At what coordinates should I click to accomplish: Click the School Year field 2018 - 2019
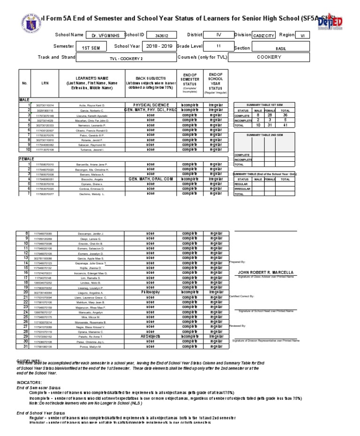pyautogui.click(x=159, y=47)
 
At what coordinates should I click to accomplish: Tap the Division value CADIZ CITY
pyautogui.click(x=264, y=35)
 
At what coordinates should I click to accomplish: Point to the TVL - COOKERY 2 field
pyautogui.click(x=126, y=59)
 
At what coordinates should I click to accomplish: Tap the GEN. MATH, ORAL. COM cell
pyautogui.click(x=150, y=179)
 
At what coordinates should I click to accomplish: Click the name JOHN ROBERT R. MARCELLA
pyautogui.click(x=266, y=272)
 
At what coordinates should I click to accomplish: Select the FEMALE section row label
pyautogui.click(x=27, y=159)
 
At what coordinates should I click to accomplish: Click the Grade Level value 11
pyautogui.click(x=218, y=46)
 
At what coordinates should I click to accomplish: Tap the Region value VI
pyautogui.click(x=302, y=35)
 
